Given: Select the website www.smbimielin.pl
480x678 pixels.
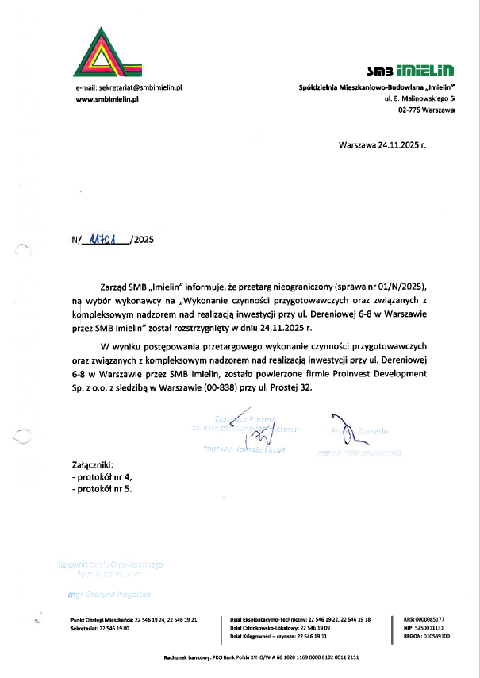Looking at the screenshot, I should (107, 98).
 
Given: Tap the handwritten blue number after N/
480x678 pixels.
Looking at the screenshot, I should (105, 239).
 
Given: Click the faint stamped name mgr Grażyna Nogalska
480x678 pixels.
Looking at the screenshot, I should (110, 594).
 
